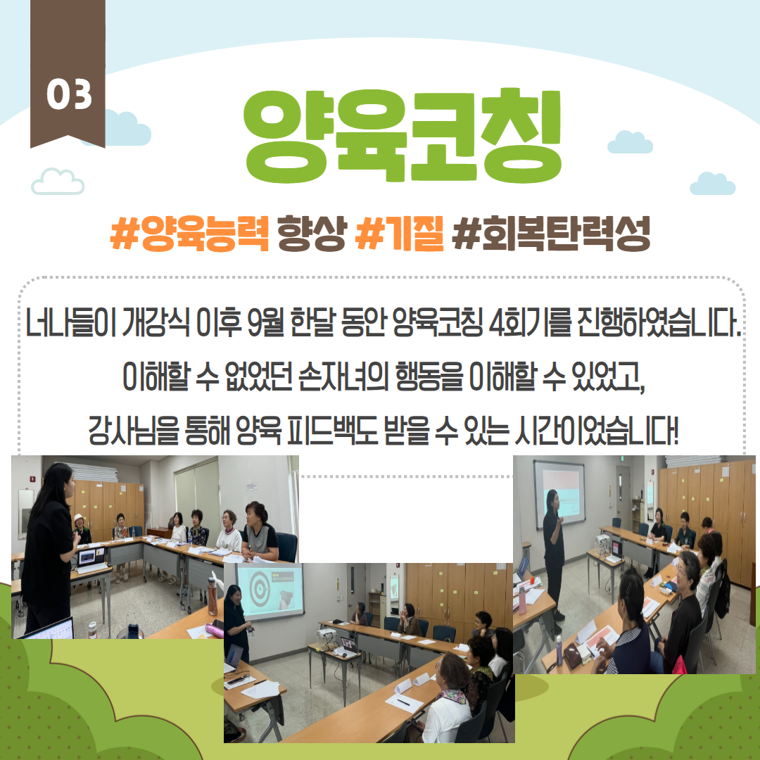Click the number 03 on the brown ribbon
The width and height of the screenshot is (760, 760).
pos(69,94)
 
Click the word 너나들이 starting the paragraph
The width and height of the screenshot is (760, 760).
pos(70,322)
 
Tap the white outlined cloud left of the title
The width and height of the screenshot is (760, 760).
pos(58,182)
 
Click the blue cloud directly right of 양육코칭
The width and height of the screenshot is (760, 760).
pos(630,142)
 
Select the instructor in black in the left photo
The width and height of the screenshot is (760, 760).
pos(48,550)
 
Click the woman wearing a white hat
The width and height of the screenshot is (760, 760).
pos(82,529)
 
